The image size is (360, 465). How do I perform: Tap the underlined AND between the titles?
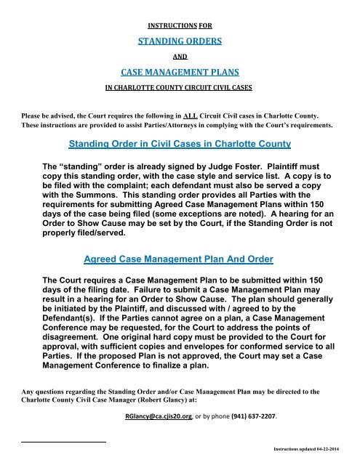pos(179,54)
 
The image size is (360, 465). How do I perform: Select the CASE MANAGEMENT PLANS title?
pos(179,72)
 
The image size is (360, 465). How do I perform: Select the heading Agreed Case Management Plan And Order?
pos(180,260)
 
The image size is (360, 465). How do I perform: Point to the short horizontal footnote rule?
pos(64,440)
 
